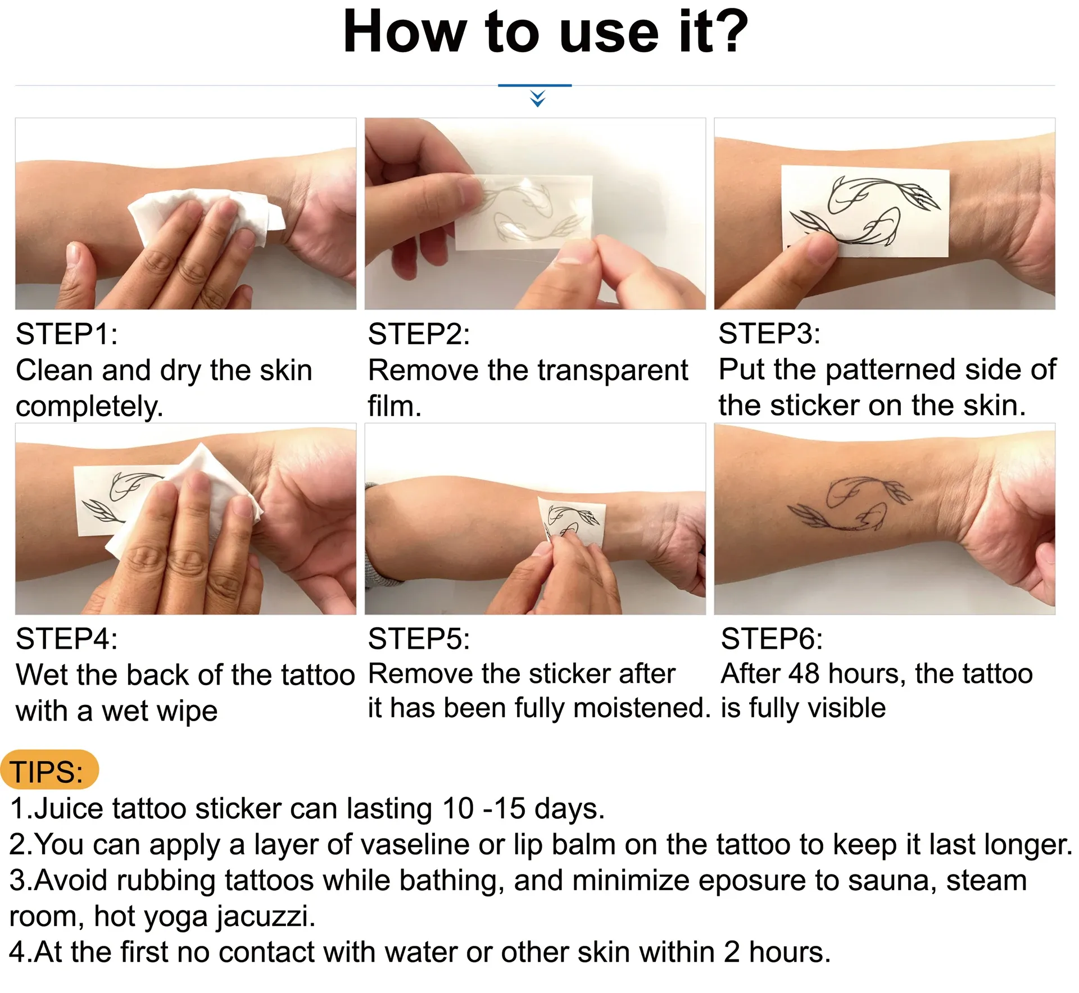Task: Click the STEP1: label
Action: (x=66, y=334)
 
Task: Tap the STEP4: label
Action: (x=66, y=639)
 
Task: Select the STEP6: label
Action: (x=771, y=639)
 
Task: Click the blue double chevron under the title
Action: (x=537, y=99)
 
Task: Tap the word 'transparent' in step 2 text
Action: (x=613, y=370)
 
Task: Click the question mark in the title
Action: (x=729, y=33)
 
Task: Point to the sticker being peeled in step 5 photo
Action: (x=570, y=520)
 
